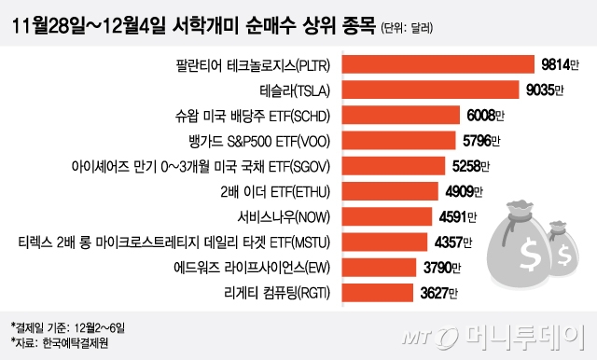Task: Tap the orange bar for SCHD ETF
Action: click(401, 116)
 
